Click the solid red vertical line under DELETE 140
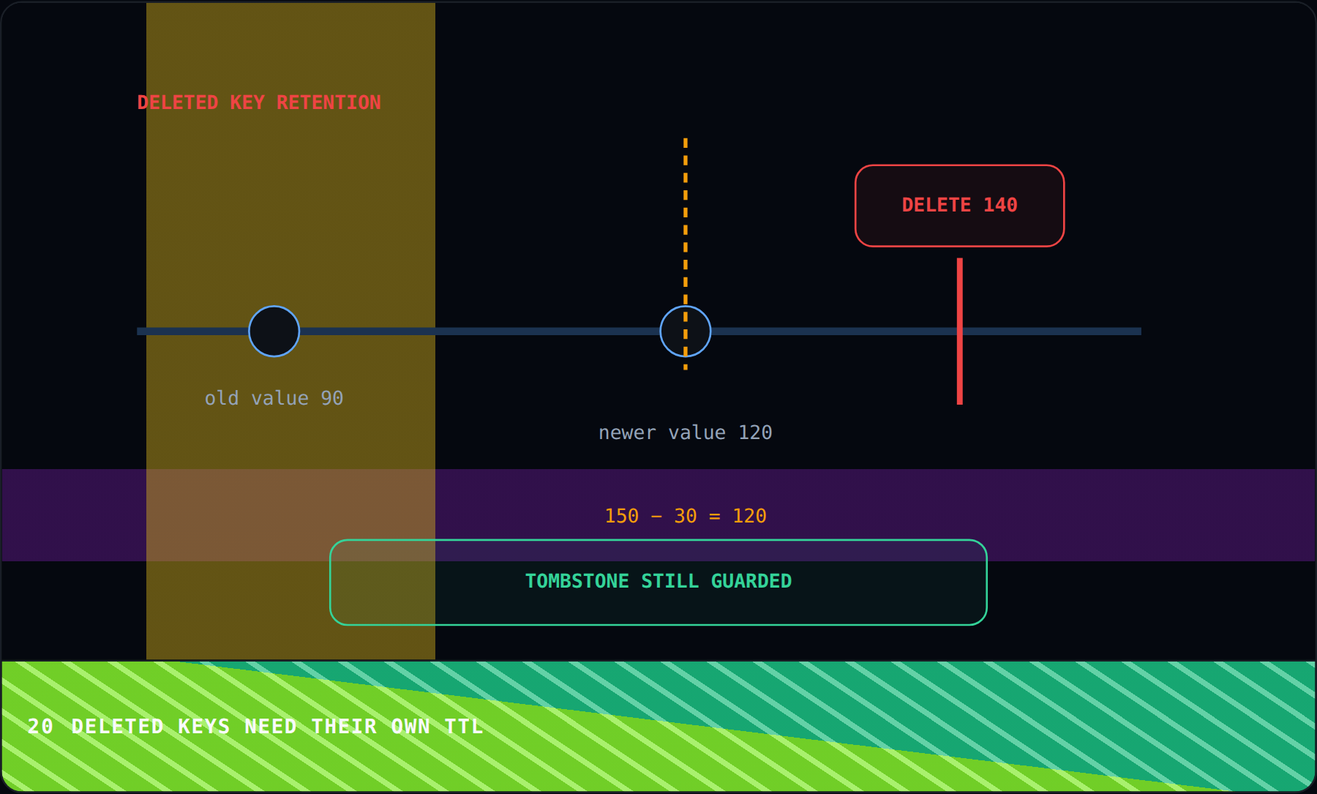[x=959, y=332]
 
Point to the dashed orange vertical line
[x=685, y=254]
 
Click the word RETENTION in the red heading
[x=329, y=102]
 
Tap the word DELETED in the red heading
[x=178, y=102]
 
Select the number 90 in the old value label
[x=331, y=398]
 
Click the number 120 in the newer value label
[x=755, y=432]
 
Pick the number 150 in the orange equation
[x=622, y=516]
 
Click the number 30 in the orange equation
[x=686, y=516]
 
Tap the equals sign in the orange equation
[x=715, y=516]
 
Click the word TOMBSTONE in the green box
[x=577, y=581]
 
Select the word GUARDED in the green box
[x=751, y=581]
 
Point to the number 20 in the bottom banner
[x=40, y=726]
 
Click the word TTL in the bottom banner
[x=464, y=726]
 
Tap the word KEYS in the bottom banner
[x=204, y=726]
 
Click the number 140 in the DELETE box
[x=1000, y=205]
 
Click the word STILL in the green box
[x=670, y=581]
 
